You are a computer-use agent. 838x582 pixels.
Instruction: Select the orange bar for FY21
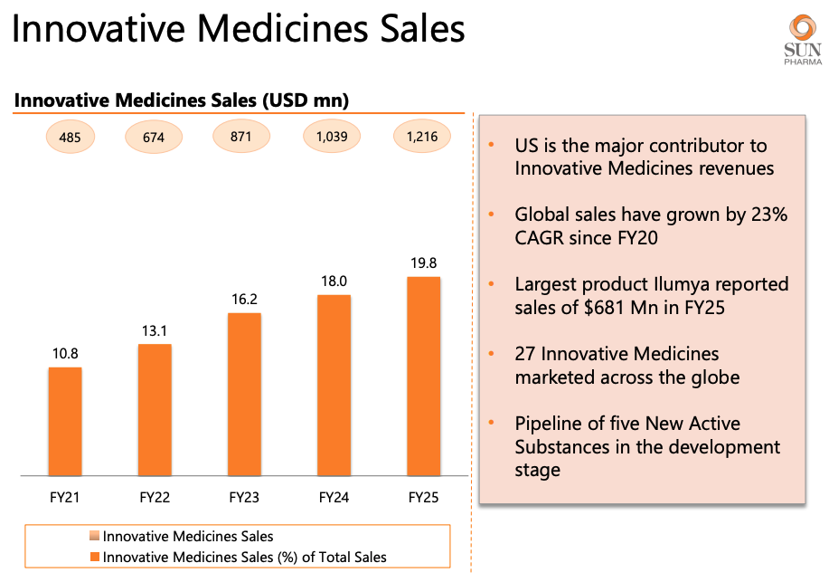65,421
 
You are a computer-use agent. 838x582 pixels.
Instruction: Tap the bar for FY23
244,394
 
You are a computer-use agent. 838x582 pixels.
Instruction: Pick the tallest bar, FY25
424,376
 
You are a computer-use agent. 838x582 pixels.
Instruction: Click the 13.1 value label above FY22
155,331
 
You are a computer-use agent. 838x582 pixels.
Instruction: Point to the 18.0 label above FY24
334,281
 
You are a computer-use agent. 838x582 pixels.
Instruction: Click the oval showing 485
70,138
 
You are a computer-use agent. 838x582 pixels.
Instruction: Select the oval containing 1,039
331,137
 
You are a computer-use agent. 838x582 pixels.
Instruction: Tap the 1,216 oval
421,137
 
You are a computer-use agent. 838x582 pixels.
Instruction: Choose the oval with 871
241,137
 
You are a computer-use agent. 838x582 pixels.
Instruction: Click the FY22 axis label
155,497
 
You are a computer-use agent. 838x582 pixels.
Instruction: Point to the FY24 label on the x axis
334,497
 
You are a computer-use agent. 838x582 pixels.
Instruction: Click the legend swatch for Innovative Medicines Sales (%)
96,557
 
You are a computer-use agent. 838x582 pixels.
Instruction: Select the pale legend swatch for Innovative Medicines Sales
96,537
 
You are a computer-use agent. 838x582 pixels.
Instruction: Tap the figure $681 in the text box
589,306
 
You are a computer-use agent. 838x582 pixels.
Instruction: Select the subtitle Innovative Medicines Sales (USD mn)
181,100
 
